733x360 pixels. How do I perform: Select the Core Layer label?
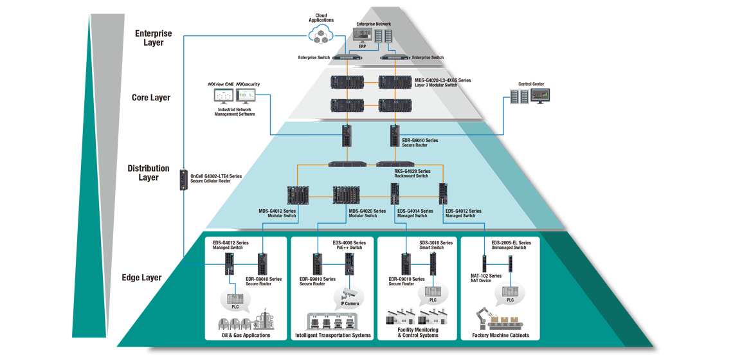click(150, 98)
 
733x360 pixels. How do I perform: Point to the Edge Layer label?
click(141, 278)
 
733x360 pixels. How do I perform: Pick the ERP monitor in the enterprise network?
click(363, 38)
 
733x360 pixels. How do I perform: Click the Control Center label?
click(530, 84)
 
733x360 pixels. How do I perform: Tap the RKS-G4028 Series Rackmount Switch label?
click(412, 174)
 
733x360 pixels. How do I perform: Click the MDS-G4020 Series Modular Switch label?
click(367, 213)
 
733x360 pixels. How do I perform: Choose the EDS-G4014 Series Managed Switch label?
click(415, 213)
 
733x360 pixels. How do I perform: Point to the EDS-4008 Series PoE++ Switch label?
click(349, 245)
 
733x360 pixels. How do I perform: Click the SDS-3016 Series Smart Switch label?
click(436, 245)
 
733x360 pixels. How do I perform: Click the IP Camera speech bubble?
click(350, 297)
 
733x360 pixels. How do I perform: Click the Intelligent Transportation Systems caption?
click(333, 335)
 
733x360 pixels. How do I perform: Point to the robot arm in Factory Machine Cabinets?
click(482, 319)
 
